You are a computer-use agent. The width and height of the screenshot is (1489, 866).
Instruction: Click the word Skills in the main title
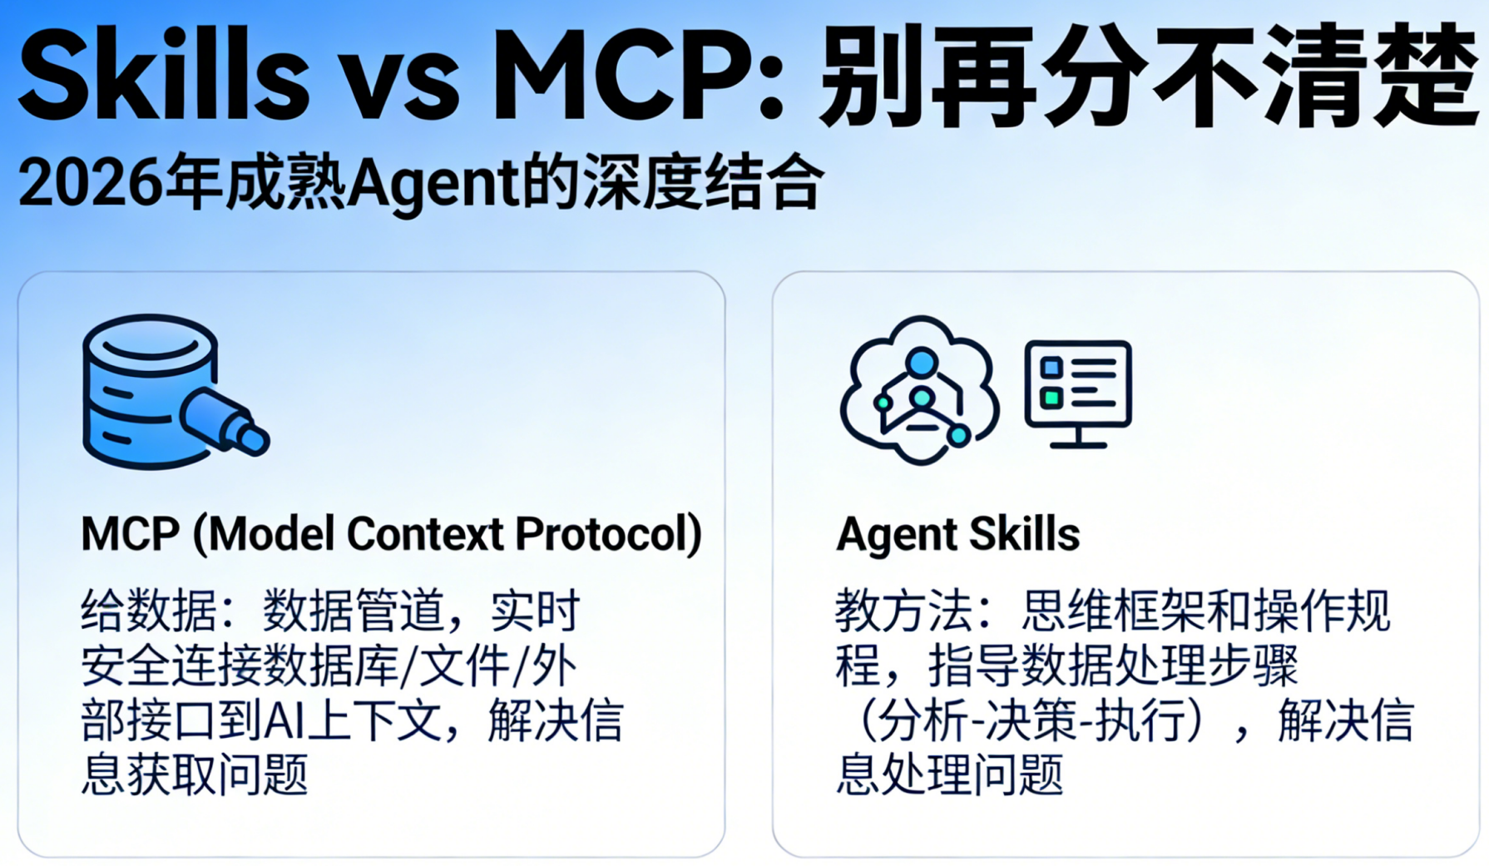pyautogui.click(x=165, y=77)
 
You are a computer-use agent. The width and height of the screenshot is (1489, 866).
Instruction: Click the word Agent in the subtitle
pyautogui.click(x=433, y=185)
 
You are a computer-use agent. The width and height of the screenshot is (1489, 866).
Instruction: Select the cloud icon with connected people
pyautogui.click(x=919, y=389)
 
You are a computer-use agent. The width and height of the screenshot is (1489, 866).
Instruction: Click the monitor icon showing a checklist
pyautogui.click(x=1078, y=393)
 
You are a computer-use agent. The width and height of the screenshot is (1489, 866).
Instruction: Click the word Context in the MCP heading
pyautogui.click(x=425, y=534)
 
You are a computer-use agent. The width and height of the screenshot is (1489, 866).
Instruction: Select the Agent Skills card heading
pyautogui.click(x=957, y=534)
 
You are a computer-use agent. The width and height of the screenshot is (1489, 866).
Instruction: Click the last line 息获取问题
pyautogui.click(x=195, y=774)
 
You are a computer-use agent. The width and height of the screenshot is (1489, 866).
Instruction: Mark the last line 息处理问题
pyautogui.click(x=949, y=774)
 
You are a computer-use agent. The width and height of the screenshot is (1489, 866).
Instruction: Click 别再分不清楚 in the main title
pyautogui.click(x=1149, y=77)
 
